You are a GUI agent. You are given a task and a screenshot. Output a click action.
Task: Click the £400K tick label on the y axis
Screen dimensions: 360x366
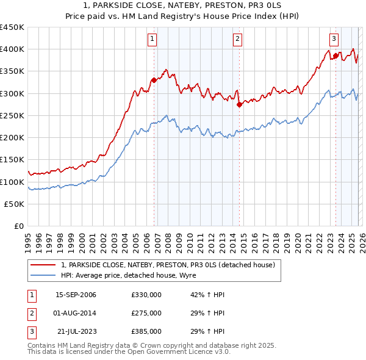(12, 49)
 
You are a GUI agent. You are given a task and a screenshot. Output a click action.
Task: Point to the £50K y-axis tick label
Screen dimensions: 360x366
(14, 204)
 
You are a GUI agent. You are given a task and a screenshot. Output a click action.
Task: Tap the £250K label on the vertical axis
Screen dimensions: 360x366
(12, 116)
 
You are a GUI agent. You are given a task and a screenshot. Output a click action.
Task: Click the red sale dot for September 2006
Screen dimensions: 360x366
(154, 80)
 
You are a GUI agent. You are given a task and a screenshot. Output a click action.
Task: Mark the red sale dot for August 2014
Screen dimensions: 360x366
(239, 104)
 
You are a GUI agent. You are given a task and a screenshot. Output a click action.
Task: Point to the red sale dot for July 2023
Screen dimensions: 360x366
(335, 56)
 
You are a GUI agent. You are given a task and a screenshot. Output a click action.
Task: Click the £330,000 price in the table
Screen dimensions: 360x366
(146, 295)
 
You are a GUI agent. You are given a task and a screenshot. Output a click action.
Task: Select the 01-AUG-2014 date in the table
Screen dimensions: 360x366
(76, 313)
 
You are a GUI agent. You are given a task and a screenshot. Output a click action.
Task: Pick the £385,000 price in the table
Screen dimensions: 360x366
(146, 331)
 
